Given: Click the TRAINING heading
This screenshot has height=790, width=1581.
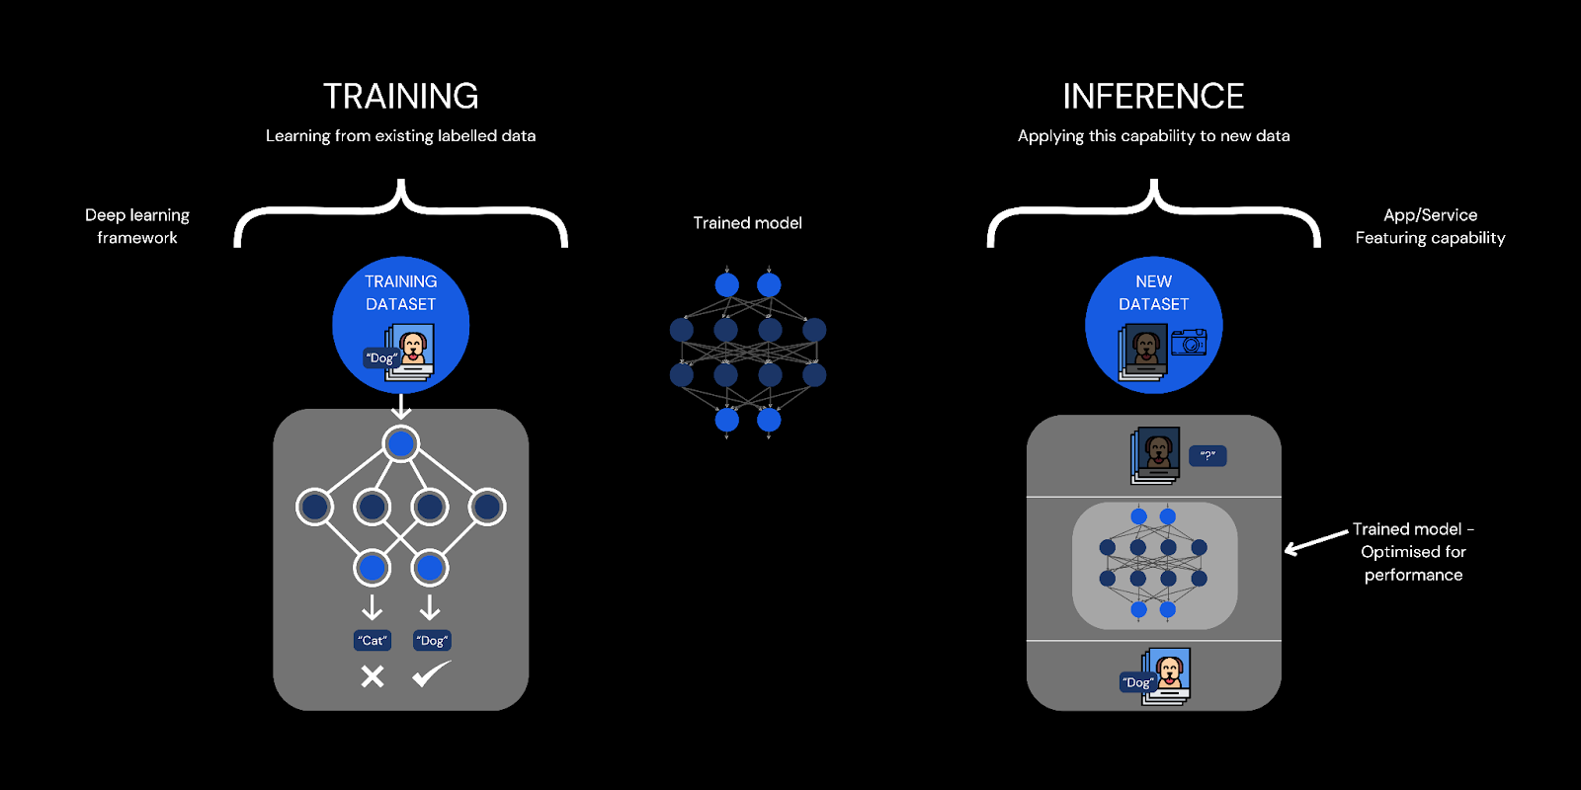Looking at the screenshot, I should point(400,96).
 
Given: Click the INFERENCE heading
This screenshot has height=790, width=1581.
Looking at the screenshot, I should point(1153,96).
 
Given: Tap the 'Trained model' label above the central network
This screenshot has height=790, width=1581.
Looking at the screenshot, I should point(747,223).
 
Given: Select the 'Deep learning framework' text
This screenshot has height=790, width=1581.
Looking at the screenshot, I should point(137,226).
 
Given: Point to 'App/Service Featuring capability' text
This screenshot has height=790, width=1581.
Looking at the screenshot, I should point(1430,226).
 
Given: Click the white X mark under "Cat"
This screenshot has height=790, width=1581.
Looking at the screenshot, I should point(372,676).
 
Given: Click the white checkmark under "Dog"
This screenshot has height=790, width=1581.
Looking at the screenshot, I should point(431,674).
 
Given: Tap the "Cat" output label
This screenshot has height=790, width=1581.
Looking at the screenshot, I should point(373,641).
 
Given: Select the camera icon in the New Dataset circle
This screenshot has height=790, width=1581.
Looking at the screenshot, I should point(1189,343).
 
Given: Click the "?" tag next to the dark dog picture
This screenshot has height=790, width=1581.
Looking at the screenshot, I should point(1207,455).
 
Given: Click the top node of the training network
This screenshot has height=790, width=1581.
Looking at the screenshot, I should point(400,444).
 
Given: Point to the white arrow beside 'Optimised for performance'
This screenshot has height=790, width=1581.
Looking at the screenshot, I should point(1316,542).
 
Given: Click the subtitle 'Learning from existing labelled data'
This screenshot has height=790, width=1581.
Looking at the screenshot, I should point(400,136).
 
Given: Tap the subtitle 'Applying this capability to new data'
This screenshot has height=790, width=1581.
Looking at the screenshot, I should point(1153,136).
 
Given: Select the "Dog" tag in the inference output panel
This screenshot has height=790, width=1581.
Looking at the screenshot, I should point(1137,682).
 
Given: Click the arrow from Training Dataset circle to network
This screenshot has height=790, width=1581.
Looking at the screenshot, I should point(400,406).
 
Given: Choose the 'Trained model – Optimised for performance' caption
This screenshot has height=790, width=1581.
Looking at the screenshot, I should point(1413,552).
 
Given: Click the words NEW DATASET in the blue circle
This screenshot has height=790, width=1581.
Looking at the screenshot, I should point(1153,293).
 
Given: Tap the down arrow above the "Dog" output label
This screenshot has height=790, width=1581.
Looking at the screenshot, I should point(429,606).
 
